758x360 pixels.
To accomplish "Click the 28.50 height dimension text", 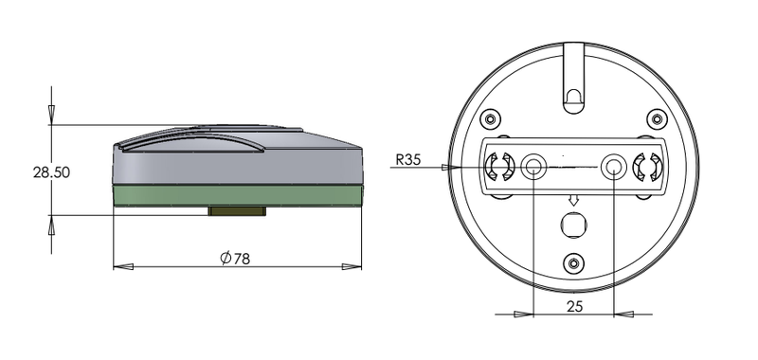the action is (x=51, y=172).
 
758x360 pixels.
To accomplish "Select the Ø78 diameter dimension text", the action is (x=235, y=259).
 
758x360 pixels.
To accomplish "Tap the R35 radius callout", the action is (x=408, y=160).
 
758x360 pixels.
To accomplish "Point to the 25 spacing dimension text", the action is (x=574, y=306).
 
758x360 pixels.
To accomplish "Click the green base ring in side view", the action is (x=238, y=196).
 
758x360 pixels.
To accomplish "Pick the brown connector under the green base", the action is (x=237, y=211).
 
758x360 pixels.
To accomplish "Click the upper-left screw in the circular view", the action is (x=491, y=118).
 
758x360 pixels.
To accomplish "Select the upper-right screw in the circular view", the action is (x=657, y=118).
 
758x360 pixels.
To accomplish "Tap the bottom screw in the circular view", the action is (x=574, y=263).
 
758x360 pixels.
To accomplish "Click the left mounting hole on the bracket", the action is (x=533, y=167).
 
